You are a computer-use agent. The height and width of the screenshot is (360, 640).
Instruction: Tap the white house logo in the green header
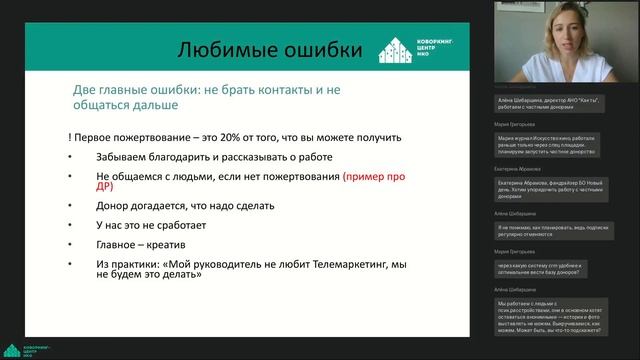click(396, 49)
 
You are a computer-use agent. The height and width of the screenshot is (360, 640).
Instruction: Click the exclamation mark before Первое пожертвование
click(71, 136)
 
